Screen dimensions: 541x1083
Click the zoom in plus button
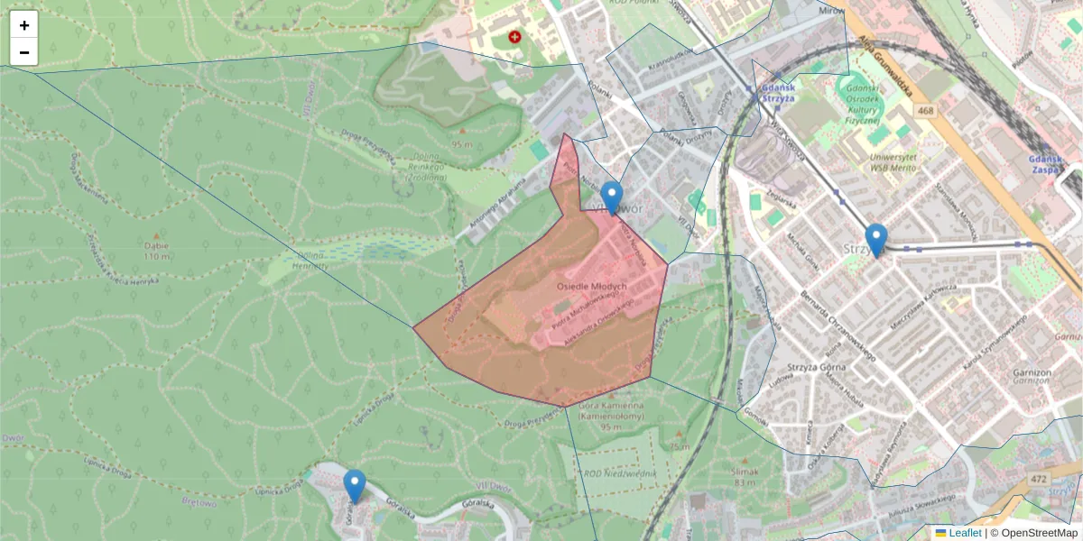coord(24,25)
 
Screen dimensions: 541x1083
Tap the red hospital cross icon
coord(514,37)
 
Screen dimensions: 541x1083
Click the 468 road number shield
coord(924,111)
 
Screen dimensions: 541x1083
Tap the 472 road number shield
coord(1040,479)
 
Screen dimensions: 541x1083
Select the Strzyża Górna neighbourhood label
coord(815,366)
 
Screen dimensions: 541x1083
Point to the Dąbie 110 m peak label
coord(156,250)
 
